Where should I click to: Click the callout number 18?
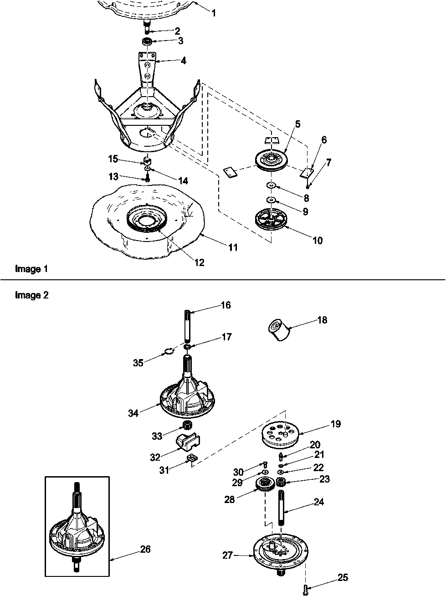[x=323, y=320]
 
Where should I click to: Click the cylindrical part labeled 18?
[x=279, y=330]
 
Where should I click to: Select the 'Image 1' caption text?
[x=31, y=269]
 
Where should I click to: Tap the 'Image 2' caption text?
[x=31, y=295]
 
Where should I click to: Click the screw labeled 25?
[x=305, y=590]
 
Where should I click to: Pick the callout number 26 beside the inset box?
[x=145, y=549]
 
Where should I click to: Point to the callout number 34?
[x=133, y=413]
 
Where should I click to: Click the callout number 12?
[x=199, y=263]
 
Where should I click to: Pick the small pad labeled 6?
[x=306, y=173]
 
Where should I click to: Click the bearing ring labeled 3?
[x=147, y=42]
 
